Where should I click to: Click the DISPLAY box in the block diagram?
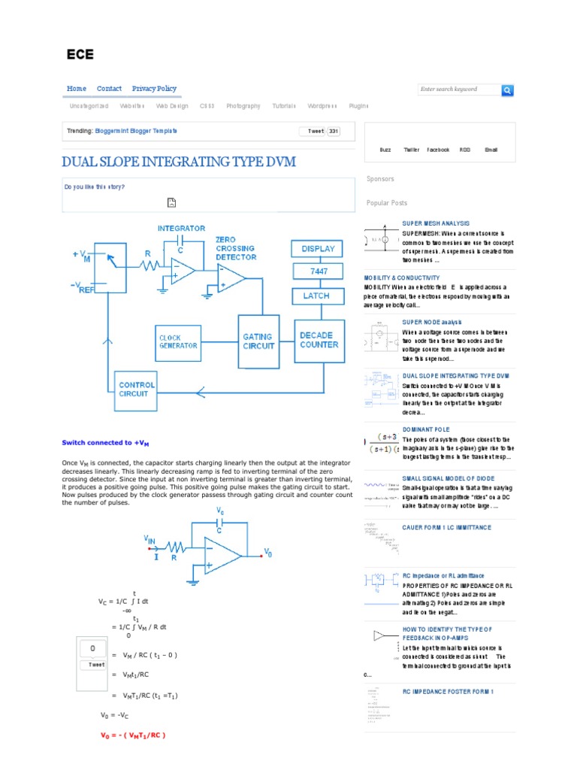point(318,249)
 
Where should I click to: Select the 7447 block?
point(318,271)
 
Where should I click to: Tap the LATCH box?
point(316,296)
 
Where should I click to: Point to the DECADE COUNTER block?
point(319,340)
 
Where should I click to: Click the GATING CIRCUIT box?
point(258,341)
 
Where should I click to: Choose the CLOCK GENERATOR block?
point(178,341)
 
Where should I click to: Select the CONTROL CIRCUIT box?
point(134,390)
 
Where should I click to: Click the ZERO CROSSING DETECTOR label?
point(235,247)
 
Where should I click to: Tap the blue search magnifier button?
point(507,90)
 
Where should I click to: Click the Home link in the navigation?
point(77,89)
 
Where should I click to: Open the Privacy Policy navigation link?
point(154,89)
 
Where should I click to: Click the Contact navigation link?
point(109,89)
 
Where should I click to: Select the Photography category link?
point(243,107)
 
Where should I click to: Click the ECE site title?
point(80,54)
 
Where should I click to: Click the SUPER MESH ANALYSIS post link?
point(436,223)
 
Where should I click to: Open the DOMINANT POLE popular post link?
point(425,429)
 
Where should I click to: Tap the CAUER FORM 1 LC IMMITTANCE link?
point(446,528)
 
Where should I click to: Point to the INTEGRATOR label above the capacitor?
point(181,228)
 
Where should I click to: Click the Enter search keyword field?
point(458,89)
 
